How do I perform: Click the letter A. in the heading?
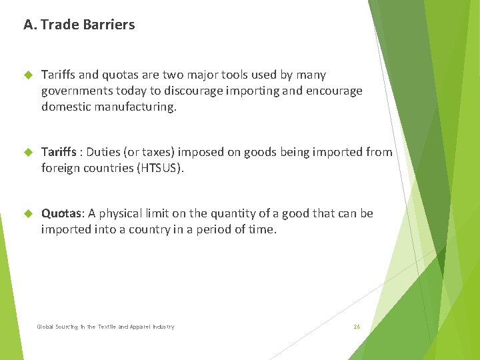click(x=30, y=25)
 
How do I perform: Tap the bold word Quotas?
click(x=61, y=213)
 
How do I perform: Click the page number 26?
click(x=357, y=327)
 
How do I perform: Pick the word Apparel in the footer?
click(x=137, y=327)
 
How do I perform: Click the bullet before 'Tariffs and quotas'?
click(x=27, y=75)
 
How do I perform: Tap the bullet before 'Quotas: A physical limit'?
click(x=27, y=214)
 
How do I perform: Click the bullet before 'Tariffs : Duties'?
click(x=27, y=153)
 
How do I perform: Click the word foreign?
click(x=61, y=168)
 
